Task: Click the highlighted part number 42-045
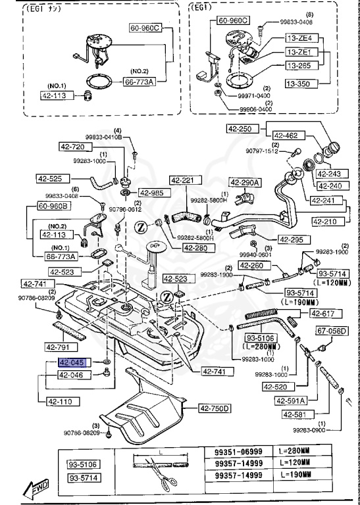coord(72,362)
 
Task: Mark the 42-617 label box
coord(323,313)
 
